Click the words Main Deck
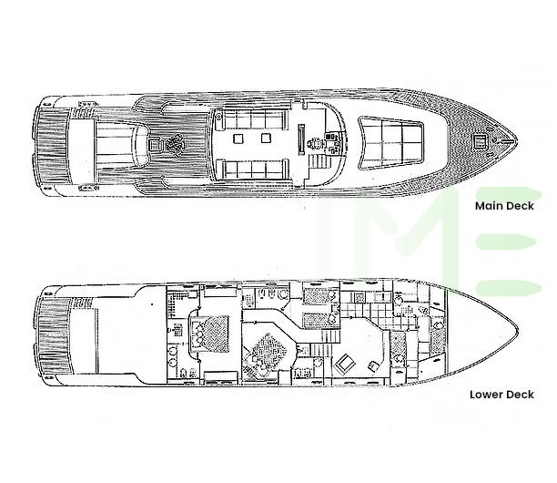point(504,206)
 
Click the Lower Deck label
point(501,395)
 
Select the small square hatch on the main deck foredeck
point(481,141)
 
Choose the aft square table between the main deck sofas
point(238,138)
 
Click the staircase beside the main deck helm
point(319,162)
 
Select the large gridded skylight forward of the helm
point(390,142)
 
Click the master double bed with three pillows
point(209,333)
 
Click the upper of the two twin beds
point(319,296)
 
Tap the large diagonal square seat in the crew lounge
point(345,363)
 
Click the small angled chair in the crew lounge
point(372,365)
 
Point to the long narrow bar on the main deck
point(301,139)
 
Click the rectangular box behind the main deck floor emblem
point(154,144)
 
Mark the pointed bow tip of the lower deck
point(519,333)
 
